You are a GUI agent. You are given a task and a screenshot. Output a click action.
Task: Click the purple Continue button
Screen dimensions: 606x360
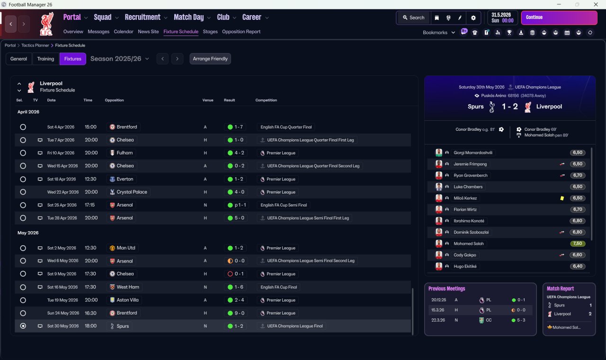point(559,18)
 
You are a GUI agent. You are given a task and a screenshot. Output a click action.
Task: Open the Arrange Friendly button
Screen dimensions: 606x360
point(210,59)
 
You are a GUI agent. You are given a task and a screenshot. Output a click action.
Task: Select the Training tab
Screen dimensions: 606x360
point(45,59)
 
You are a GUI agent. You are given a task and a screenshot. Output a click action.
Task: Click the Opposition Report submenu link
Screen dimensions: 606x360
point(241,32)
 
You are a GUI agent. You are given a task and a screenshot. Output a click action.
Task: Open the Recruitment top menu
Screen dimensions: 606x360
point(143,18)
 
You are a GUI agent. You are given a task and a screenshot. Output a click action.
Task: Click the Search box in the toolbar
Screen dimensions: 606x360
point(413,18)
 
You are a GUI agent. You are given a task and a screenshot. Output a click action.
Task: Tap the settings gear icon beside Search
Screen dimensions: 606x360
point(473,18)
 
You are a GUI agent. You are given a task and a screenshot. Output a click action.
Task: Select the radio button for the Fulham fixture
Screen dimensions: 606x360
point(23,153)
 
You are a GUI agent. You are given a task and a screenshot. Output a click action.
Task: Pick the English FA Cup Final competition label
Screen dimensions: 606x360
point(278,287)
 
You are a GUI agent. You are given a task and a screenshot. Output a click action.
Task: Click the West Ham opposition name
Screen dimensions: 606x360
point(128,287)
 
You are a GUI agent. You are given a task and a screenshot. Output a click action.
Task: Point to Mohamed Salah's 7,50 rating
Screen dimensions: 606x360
point(578,243)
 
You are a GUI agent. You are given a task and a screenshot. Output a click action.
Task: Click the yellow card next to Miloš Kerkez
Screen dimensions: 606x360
point(562,198)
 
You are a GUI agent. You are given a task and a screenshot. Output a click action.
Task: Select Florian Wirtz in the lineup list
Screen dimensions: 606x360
point(465,209)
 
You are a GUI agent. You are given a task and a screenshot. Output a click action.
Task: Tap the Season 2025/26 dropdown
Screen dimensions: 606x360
point(120,59)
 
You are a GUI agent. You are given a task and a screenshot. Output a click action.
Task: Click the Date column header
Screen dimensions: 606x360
point(51,100)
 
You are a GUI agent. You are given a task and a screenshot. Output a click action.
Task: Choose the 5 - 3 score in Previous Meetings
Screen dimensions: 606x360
point(521,320)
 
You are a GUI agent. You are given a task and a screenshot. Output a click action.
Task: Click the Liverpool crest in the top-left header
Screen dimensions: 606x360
point(46,24)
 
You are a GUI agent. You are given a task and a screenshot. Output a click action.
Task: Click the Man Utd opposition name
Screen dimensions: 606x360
point(126,248)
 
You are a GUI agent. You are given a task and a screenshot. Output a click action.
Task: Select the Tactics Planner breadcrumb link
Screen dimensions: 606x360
point(35,45)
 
